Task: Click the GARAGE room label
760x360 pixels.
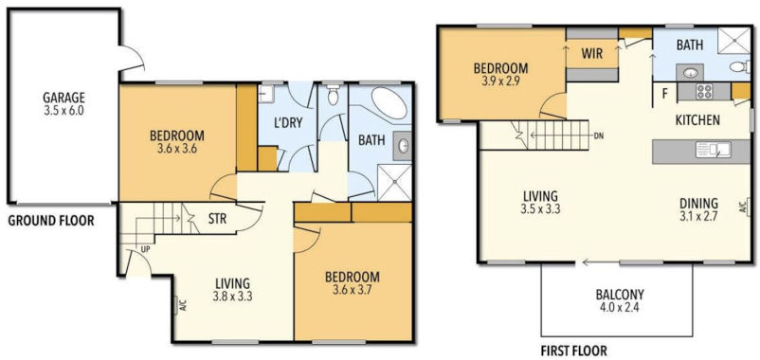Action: [x=63, y=97]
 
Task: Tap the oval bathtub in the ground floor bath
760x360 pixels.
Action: [x=389, y=103]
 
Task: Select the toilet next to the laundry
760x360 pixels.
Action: [x=333, y=96]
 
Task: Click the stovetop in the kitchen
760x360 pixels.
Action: [x=704, y=92]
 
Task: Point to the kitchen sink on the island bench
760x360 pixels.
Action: [x=713, y=150]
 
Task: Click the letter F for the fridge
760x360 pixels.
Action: [x=665, y=93]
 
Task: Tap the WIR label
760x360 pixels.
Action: [x=592, y=53]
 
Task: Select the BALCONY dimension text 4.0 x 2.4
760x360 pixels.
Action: [x=619, y=307]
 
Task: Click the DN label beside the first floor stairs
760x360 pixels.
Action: [x=599, y=135]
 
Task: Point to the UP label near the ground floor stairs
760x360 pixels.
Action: [x=145, y=248]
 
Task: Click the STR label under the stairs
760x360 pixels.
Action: [x=217, y=219]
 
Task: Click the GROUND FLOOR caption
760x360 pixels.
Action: [x=51, y=221]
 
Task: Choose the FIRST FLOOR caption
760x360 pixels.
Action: [x=574, y=350]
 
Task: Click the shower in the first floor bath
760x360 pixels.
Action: [x=733, y=39]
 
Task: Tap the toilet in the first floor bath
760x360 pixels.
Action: [x=740, y=66]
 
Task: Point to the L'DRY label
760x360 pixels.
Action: [x=288, y=123]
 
